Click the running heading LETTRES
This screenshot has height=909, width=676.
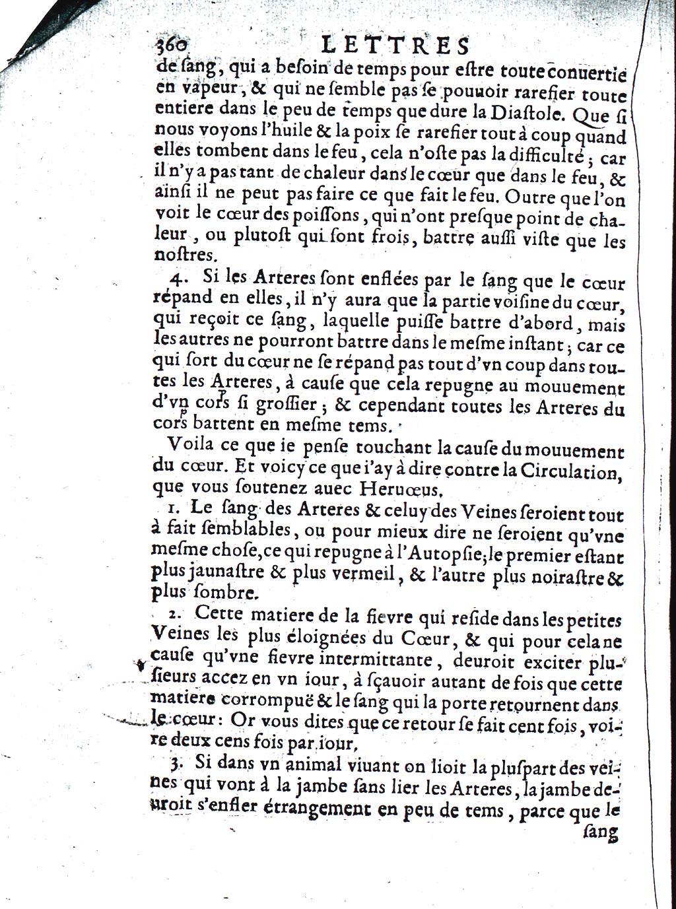point(395,46)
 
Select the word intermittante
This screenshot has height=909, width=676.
point(375,660)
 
